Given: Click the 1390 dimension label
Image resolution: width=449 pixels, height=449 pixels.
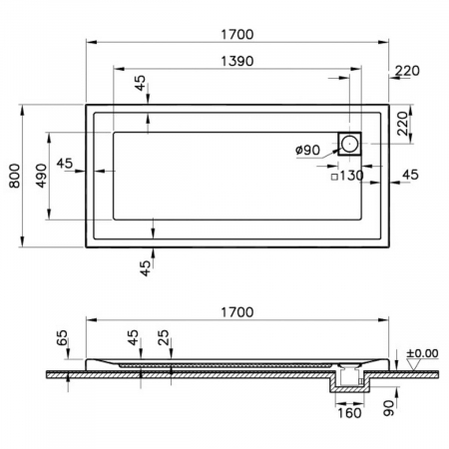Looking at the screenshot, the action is coord(237,61).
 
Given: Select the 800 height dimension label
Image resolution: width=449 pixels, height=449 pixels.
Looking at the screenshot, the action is coord(14,176).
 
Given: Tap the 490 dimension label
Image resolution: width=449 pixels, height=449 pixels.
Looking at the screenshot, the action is coord(42,176).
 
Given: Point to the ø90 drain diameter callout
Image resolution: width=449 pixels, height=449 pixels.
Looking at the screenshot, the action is coord(307,150).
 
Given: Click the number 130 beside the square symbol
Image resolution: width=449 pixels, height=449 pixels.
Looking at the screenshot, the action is coord(351,176).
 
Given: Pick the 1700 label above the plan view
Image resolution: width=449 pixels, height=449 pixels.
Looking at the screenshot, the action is coord(237,34).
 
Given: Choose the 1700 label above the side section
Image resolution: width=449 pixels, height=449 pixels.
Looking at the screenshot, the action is coord(237,312).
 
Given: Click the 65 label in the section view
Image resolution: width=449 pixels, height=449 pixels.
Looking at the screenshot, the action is coord(62,338).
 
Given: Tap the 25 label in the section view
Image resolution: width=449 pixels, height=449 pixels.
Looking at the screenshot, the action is coord(164,337).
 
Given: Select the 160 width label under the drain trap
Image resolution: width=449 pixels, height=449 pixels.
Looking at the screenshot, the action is coord(349,413).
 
